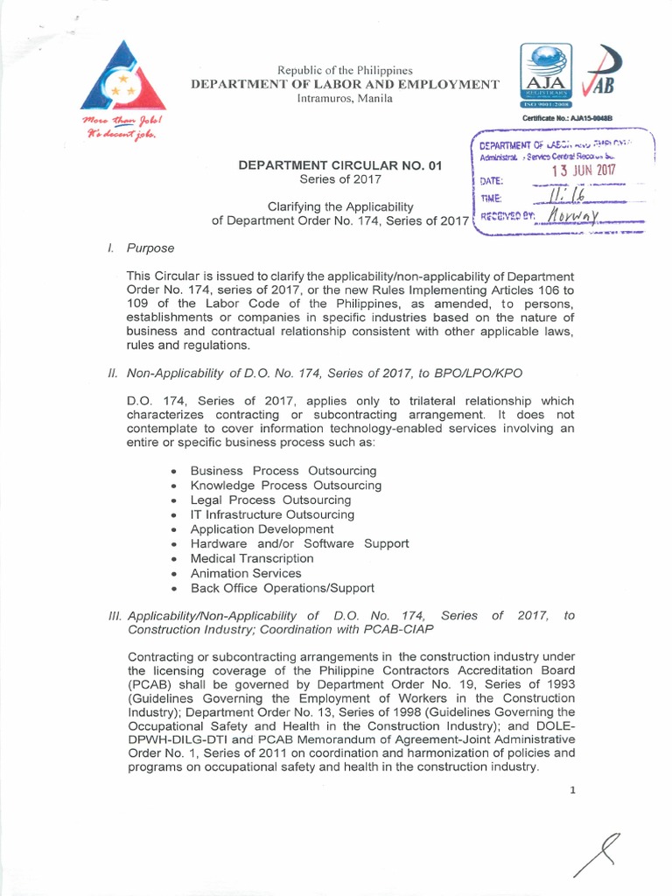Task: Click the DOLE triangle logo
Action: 122,80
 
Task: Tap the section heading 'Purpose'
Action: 150,248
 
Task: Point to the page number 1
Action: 572,790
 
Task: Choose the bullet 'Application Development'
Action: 262,529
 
